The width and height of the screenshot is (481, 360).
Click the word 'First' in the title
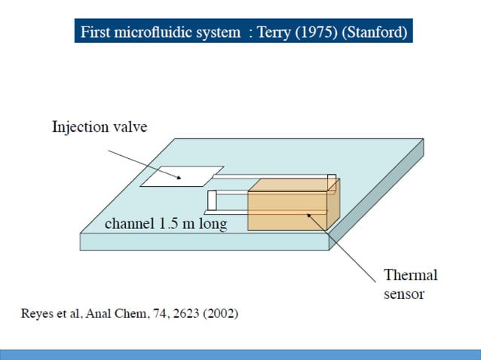96,33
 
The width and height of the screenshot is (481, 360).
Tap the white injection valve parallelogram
183,176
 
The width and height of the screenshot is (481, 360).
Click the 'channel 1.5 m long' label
165,224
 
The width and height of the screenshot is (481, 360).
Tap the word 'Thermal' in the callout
410,275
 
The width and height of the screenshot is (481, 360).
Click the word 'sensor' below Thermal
404,294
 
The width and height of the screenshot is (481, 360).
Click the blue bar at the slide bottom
240,354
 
